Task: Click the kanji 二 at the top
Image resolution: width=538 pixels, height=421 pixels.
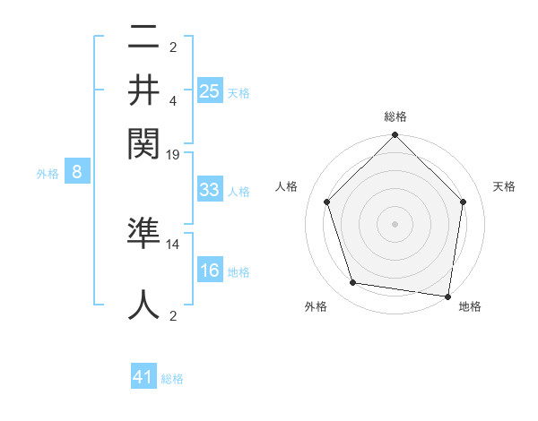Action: click(x=143, y=38)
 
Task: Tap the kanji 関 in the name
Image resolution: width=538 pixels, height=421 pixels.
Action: click(x=143, y=141)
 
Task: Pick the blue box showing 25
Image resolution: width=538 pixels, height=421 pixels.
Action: click(x=210, y=90)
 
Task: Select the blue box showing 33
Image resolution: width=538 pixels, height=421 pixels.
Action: click(x=210, y=190)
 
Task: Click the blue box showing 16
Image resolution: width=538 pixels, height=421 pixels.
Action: click(x=210, y=271)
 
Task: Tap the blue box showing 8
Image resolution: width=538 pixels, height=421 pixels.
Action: click(x=77, y=173)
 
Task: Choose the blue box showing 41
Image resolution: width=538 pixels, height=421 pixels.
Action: click(x=143, y=378)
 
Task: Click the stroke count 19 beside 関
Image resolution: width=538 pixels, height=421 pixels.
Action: click(x=174, y=154)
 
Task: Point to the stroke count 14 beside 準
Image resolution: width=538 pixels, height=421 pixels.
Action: click(x=174, y=244)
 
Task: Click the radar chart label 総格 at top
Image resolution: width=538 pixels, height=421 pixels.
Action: click(x=395, y=116)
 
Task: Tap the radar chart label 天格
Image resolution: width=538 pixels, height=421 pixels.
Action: click(x=504, y=186)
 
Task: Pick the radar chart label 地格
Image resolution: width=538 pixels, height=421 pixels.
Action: click(x=470, y=306)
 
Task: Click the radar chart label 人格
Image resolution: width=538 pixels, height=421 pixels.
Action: click(x=287, y=186)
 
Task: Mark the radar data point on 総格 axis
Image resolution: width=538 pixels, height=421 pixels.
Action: click(x=395, y=136)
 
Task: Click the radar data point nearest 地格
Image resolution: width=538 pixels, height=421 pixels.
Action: click(x=448, y=296)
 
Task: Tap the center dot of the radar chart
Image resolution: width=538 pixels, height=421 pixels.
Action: click(x=395, y=223)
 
